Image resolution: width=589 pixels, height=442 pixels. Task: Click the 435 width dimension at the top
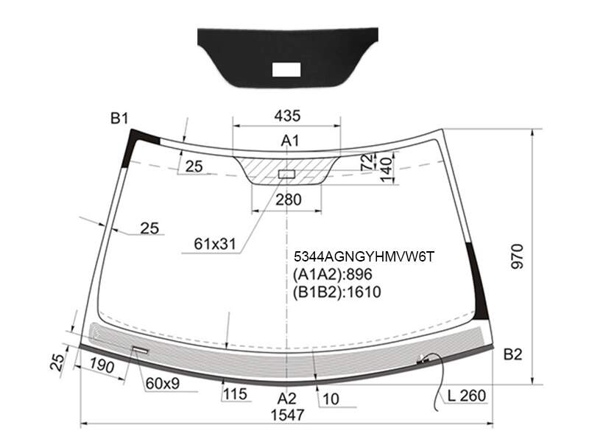click(287, 116)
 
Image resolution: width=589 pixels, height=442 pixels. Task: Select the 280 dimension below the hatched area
click(289, 200)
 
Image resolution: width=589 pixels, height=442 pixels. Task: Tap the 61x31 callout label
click(215, 244)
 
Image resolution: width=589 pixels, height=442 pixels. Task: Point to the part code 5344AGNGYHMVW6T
click(364, 256)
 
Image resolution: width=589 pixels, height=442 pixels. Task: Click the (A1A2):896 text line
click(333, 274)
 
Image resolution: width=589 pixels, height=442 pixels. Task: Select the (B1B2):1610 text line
click(337, 292)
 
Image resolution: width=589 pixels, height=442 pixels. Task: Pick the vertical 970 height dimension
click(518, 256)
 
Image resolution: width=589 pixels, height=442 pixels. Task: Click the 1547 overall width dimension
click(287, 415)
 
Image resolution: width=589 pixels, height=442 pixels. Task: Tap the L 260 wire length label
click(467, 396)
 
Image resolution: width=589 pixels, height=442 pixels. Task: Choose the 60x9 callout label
click(163, 383)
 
